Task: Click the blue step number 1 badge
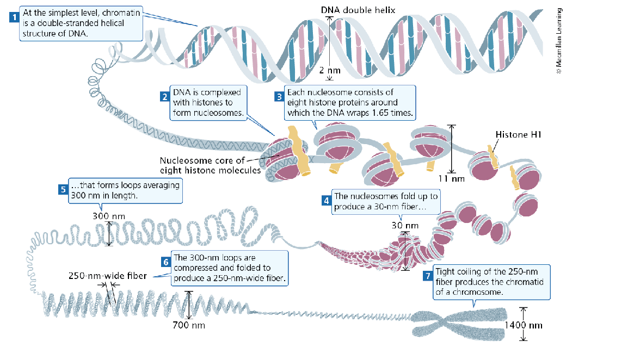[x=14, y=16]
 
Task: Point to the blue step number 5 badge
[x=63, y=190]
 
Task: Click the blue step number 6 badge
[x=167, y=262]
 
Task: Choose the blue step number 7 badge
[x=428, y=275]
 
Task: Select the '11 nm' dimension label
[x=451, y=178]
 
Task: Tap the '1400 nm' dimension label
[x=524, y=325]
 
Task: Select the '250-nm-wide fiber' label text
[x=107, y=276]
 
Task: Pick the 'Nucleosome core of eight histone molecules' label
[x=202, y=165]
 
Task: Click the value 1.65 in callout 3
[x=393, y=114]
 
